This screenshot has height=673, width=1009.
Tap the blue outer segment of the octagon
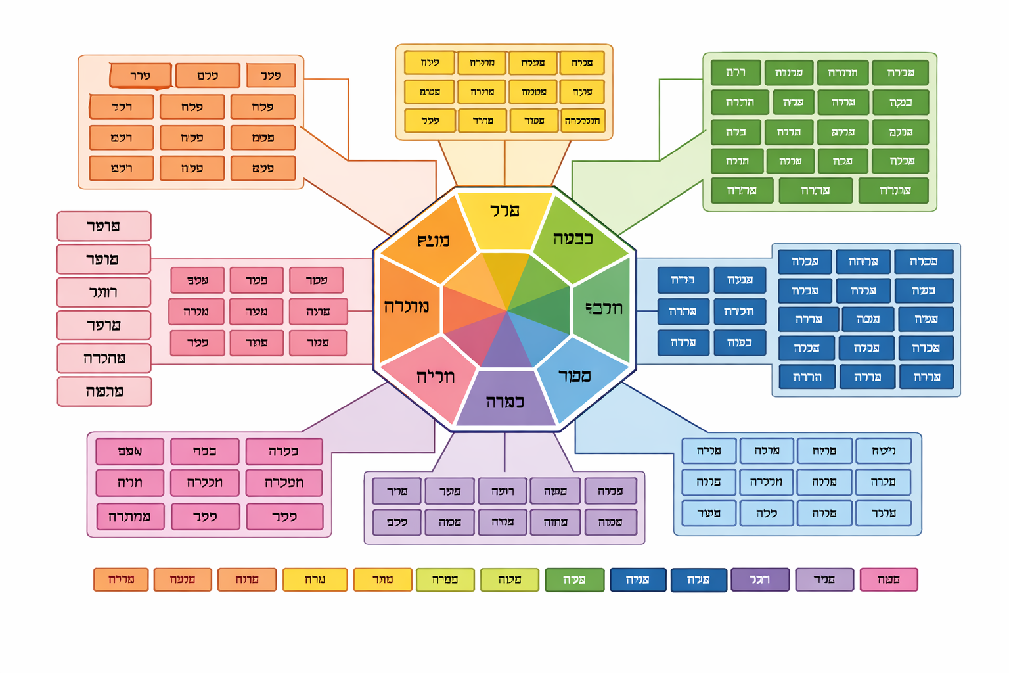[x=575, y=378]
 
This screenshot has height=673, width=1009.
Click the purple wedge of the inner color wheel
[x=506, y=345]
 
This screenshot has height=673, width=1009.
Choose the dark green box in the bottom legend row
[x=574, y=580]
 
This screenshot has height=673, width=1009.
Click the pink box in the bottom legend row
[x=888, y=580]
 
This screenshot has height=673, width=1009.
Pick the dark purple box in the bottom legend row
[x=760, y=580]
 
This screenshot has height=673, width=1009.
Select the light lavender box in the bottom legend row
[x=824, y=580]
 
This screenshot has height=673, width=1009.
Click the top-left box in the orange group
[x=140, y=76]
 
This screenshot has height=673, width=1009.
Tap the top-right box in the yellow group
[x=582, y=63]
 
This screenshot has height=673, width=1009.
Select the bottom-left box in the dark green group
[x=742, y=191]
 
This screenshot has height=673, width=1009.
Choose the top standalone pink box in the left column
[x=104, y=226]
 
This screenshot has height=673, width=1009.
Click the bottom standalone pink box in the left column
[x=104, y=392]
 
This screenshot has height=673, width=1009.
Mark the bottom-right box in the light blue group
[x=883, y=513]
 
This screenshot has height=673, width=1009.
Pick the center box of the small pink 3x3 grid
[x=256, y=312]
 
